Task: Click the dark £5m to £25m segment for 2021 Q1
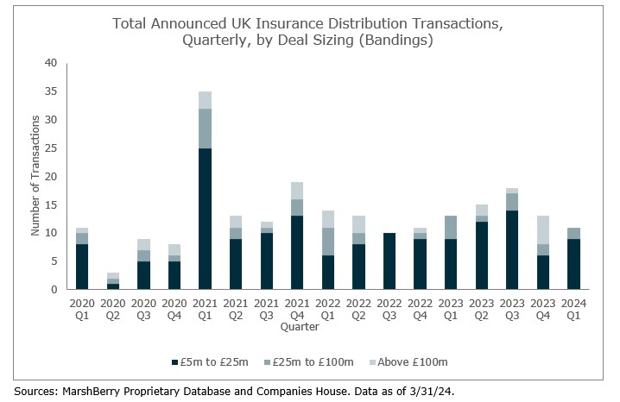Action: pyautogui.click(x=206, y=218)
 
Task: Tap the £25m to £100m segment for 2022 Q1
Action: pyautogui.click(x=329, y=241)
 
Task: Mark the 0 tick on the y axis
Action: pyautogui.click(x=54, y=289)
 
